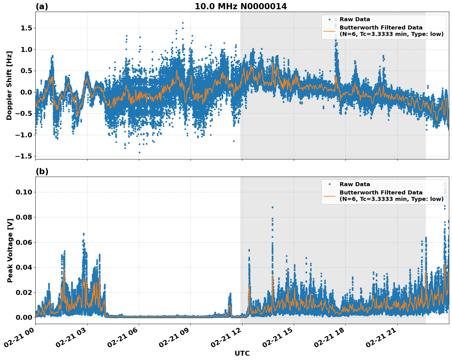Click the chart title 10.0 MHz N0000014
[x=241, y=6]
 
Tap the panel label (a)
[x=42, y=6]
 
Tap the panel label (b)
[x=42, y=171]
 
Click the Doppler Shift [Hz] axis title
[x=9, y=85]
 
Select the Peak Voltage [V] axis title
[x=10, y=250]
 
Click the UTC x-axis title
[x=242, y=353]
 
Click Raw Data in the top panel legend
[x=355, y=19]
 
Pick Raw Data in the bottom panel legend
[x=355, y=184]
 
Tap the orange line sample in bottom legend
[x=329, y=196]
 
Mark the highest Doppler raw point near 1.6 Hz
[x=183, y=23]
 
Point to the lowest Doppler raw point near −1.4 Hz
[x=139, y=152]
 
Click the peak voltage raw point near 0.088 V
[x=272, y=207]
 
